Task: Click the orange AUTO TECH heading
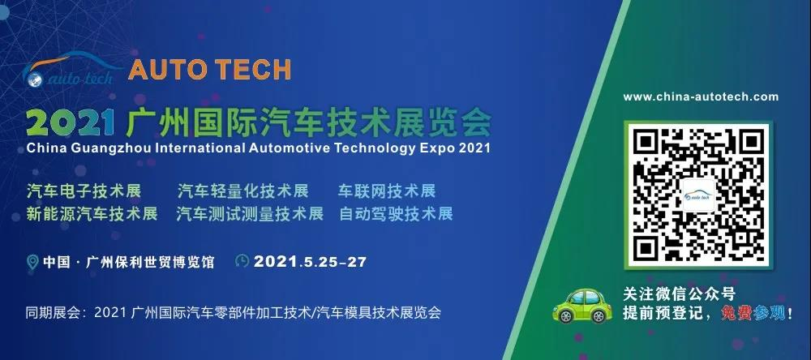point(209,70)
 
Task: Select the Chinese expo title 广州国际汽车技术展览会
point(308,122)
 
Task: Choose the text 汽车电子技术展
point(84,191)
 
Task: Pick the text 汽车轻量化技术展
point(243,191)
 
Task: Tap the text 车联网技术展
point(387,191)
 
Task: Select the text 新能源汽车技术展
point(92,213)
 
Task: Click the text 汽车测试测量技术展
point(250,213)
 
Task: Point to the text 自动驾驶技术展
point(397,213)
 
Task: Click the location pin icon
point(32,262)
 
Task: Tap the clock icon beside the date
point(242,261)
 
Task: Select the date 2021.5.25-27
point(310,261)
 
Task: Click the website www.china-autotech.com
point(701,96)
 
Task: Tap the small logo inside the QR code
point(698,195)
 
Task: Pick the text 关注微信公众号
point(679,294)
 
